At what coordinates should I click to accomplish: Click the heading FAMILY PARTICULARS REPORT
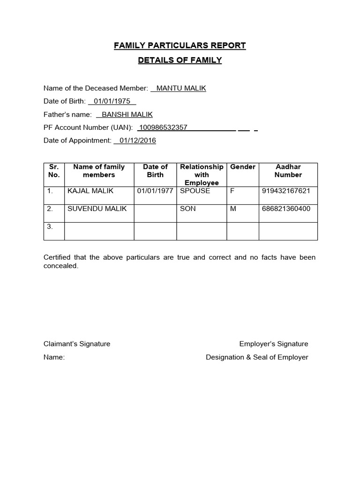point(180,45)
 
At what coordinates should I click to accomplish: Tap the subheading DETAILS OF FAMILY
point(180,60)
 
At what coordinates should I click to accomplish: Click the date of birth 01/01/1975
point(112,101)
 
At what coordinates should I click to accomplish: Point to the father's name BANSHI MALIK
point(127,114)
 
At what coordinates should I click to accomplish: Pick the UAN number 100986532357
point(163,127)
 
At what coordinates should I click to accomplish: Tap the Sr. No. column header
point(53,171)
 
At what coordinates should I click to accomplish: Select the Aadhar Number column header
point(288,171)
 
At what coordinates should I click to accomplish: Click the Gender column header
point(243,167)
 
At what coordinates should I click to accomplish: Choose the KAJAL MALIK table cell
point(90,191)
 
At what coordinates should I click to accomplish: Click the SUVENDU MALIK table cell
point(97,209)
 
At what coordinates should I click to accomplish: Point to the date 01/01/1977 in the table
point(155,191)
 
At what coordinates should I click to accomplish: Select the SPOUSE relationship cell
point(195,191)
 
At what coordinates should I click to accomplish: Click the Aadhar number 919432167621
point(286,191)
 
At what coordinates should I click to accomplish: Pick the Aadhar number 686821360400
point(286,209)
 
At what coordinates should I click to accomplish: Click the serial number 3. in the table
point(50,226)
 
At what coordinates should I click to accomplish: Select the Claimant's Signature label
point(77,344)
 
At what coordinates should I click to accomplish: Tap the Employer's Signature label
point(274,344)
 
